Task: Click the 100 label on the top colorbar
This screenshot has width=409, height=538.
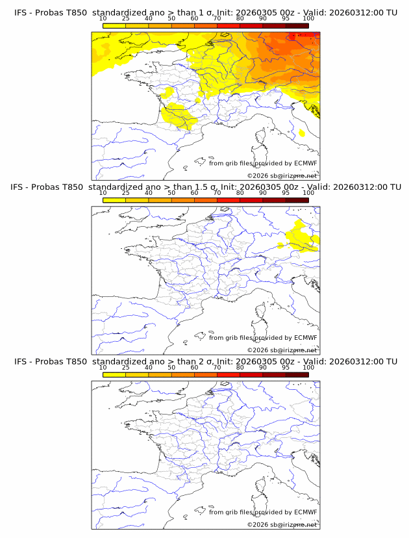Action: (x=308, y=19)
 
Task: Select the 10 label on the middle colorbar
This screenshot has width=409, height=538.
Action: (x=103, y=193)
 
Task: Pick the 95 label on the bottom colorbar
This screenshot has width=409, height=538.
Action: (x=286, y=368)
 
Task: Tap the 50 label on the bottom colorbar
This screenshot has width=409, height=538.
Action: (x=171, y=368)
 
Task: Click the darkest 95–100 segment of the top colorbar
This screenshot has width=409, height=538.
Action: (x=297, y=25)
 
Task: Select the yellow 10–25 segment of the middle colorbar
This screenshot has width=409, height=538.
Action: (x=114, y=200)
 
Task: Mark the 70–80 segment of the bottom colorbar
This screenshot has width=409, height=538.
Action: (x=229, y=375)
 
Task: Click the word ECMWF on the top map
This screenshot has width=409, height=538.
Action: (x=305, y=163)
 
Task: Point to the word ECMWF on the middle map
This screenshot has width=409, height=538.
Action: (x=305, y=337)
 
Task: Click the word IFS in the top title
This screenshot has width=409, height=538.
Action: (x=21, y=12)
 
